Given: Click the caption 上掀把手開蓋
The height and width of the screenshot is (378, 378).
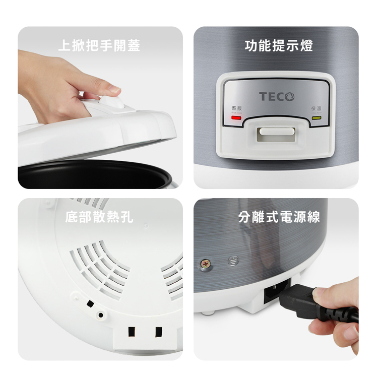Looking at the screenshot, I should click(x=99, y=46).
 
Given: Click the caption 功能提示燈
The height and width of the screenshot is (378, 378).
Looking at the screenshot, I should click(x=279, y=46).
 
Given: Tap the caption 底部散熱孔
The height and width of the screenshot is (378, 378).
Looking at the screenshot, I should click(x=99, y=218).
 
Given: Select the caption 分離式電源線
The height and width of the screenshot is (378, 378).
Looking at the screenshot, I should click(x=279, y=218).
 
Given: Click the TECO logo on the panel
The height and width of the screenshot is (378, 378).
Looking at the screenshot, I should click(x=277, y=96).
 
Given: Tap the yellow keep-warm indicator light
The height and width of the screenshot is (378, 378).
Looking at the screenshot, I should click(x=317, y=118).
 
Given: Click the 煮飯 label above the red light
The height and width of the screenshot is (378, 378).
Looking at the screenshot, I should click(x=236, y=109).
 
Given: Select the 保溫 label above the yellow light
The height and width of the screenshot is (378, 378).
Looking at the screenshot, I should click(x=317, y=109).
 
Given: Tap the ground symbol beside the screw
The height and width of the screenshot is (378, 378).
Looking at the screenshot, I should click(x=232, y=260).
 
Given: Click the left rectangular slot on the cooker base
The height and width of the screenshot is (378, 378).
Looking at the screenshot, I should click(x=133, y=332).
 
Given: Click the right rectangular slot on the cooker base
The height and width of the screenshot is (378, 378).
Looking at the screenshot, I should click(x=159, y=332).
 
